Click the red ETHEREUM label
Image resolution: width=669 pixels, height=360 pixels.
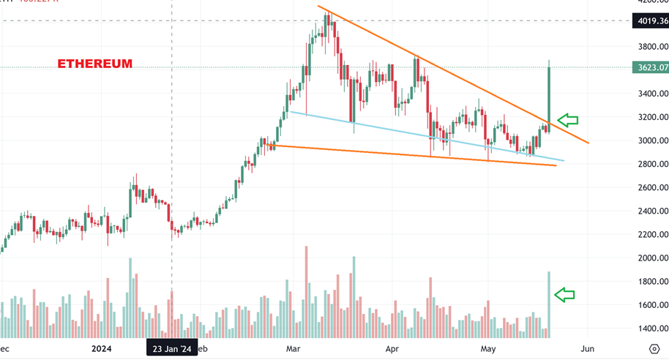95,64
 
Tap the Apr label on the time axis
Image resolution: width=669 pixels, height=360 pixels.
393,349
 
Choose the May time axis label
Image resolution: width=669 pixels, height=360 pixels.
488,349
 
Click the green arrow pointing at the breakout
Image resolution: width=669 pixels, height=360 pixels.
568,119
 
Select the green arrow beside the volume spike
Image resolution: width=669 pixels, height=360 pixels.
565,295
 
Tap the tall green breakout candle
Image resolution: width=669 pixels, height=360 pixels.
549,91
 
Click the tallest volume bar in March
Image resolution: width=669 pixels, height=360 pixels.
306,293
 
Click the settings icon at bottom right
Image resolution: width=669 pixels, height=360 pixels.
654,350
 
